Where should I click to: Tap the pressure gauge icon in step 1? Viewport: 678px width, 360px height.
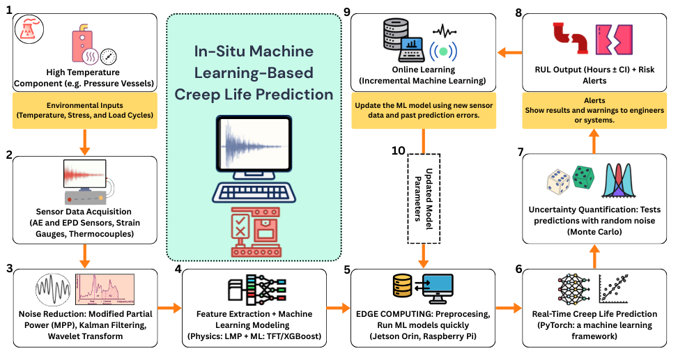[x=108, y=56]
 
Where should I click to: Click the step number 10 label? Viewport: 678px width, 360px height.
[x=398, y=151]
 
